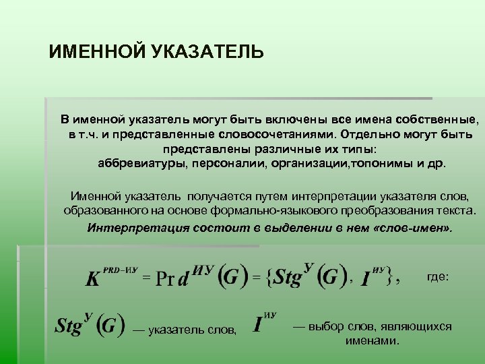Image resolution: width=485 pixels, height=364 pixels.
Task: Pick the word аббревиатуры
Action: click(140, 163)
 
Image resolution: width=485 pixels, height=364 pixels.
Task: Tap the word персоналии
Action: click(221, 163)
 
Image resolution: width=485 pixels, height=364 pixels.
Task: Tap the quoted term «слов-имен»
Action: click(412, 227)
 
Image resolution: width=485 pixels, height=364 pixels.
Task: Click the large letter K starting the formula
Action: click(93, 279)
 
